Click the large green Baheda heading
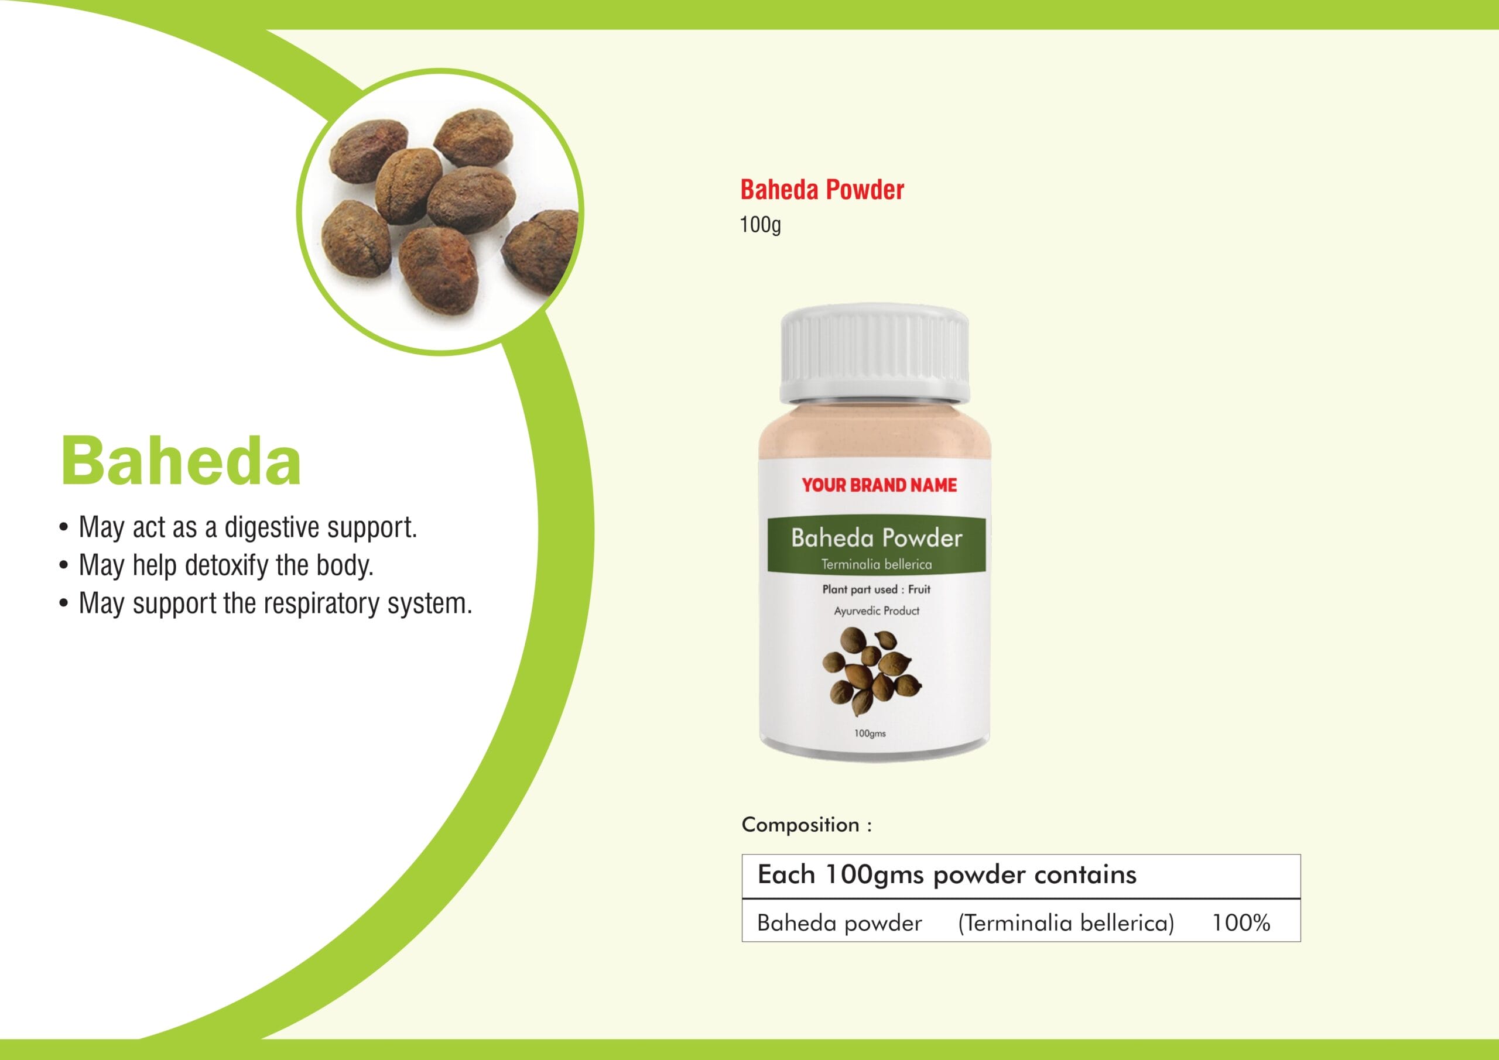pos(181,461)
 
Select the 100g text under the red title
pos(760,225)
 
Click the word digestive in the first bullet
pos(272,527)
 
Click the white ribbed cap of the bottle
pos(875,356)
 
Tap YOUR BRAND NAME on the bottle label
pos(879,485)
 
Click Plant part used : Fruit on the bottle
pos(876,589)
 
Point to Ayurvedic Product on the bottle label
pos(876,611)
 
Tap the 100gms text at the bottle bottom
pos(870,733)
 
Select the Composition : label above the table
pos(806,825)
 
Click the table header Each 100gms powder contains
pos(947,875)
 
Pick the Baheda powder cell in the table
pos(840,923)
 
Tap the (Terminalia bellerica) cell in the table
pos(1066,924)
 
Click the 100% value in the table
pos(1241,923)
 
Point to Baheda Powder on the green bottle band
pos(876,538)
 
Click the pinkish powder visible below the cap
pos(875,431)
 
